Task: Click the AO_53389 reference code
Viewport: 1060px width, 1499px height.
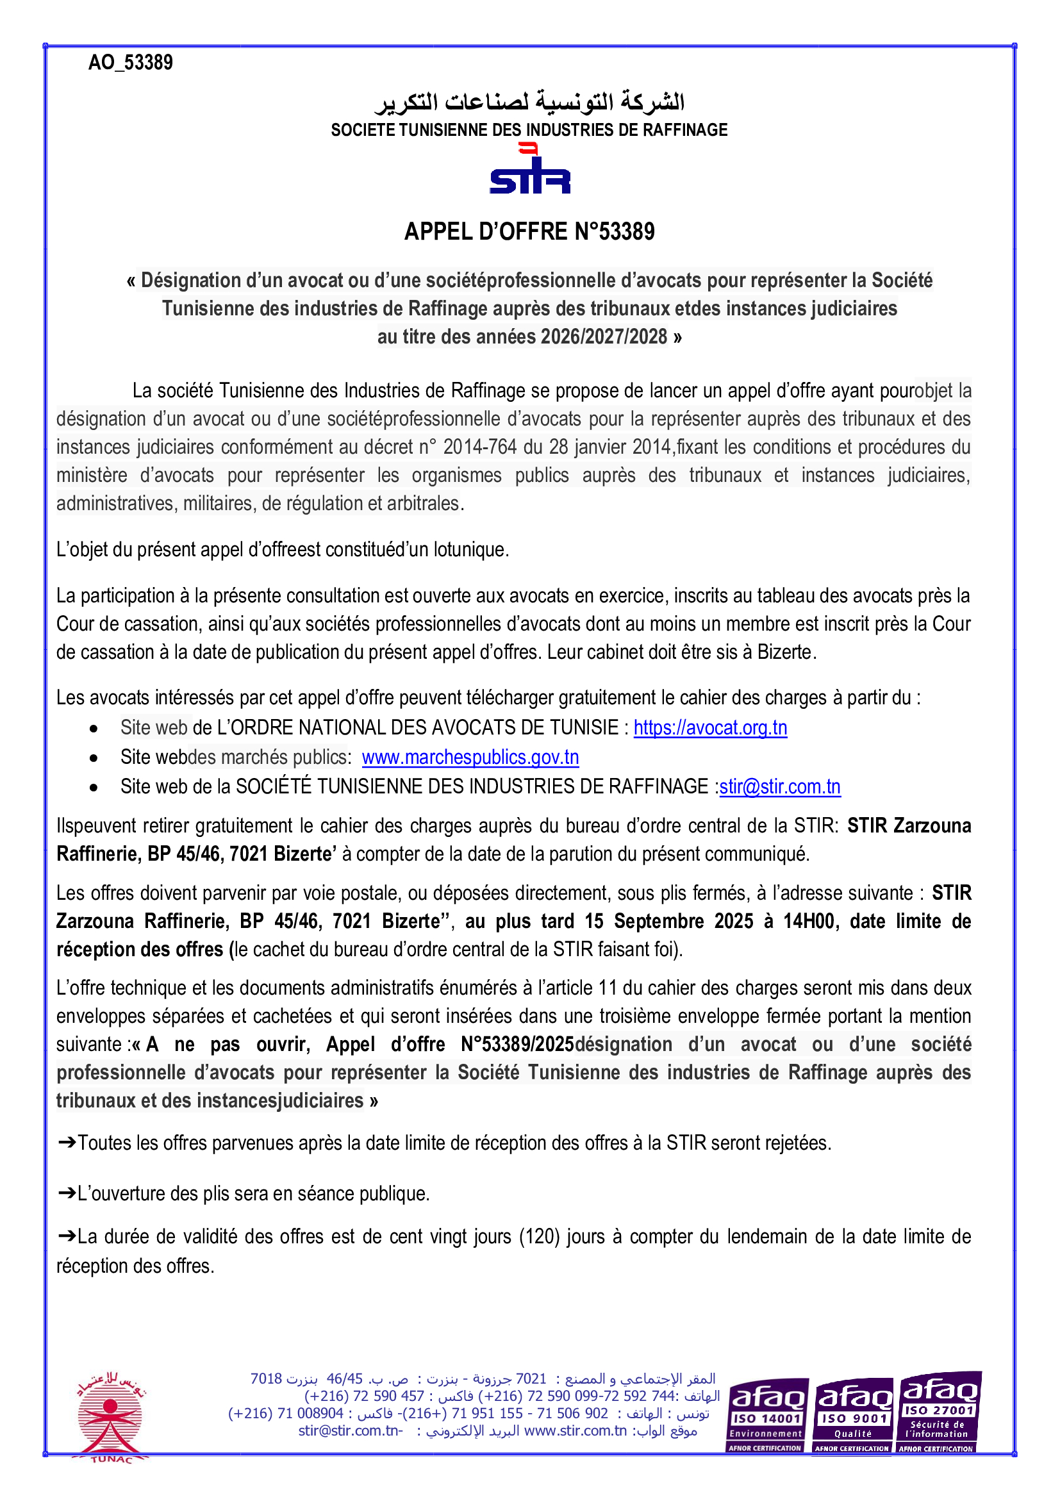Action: (131, 63)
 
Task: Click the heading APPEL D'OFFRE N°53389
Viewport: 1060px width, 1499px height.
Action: (529, 232)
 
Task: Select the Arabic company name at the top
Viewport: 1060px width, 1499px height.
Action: (529, 102)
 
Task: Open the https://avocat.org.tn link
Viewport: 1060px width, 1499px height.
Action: (710, 728)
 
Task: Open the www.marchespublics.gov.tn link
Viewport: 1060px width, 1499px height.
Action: (470, 758)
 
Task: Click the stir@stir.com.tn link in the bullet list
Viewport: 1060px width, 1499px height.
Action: (779, 787)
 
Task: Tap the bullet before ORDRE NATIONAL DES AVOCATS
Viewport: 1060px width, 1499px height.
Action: (94, 729)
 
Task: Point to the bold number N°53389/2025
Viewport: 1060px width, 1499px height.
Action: (517, 1045)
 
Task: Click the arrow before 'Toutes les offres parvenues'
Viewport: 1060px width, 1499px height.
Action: (67, 1143)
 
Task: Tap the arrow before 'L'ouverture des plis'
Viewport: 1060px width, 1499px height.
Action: (67, 1193)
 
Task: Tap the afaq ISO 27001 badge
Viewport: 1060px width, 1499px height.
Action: (939, 1413)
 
